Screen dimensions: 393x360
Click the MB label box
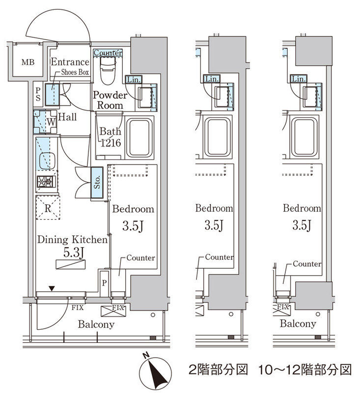[x=27, y=62]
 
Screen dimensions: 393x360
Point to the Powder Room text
[x=110, y=100]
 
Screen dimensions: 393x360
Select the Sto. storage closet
[x=97, y=182]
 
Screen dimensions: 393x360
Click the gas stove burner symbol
[x=46, y=182]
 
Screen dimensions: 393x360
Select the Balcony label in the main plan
[x=96, y=324]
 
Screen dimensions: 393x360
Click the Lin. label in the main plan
[x=133, y=79]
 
